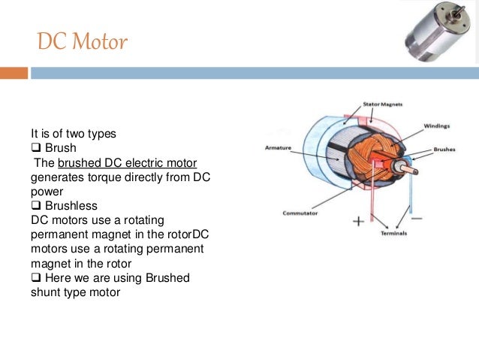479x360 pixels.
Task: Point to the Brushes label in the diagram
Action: pos(444,150)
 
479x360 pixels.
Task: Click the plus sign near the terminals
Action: pos(358,221)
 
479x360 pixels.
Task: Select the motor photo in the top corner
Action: pos(438,34)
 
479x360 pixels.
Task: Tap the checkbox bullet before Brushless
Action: pos(35,204)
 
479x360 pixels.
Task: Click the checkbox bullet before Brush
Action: pos(35,148)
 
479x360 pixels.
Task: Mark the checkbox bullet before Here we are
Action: pos(35,278)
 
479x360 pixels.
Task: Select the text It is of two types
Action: pos(73,134)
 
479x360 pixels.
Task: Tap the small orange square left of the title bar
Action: pos(14,73)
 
